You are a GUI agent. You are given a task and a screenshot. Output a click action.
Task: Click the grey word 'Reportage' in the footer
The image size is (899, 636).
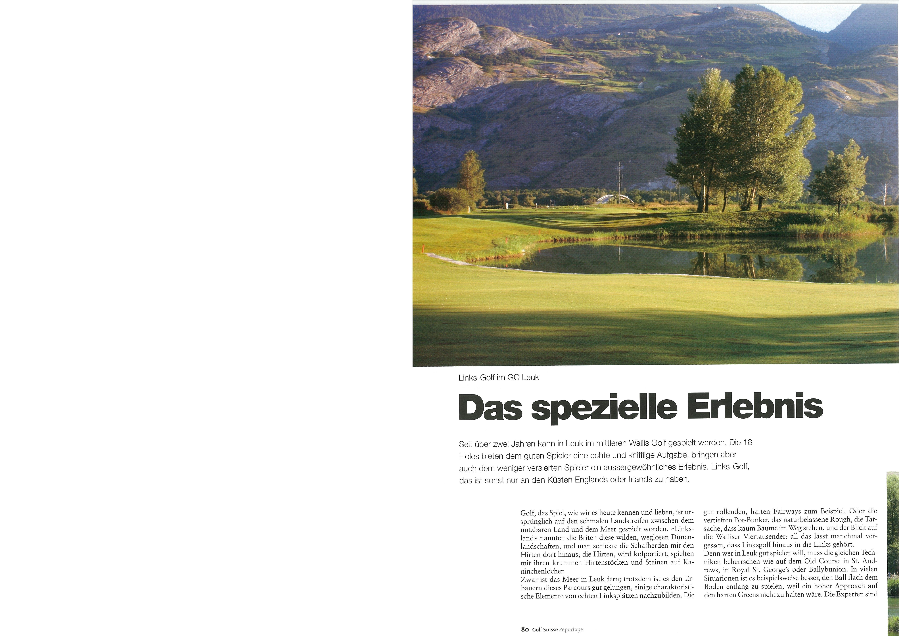pyautogui.click(x=571, y=629)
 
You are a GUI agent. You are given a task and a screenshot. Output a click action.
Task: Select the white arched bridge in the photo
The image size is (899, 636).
pyautogui.click(x=610, y=199)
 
